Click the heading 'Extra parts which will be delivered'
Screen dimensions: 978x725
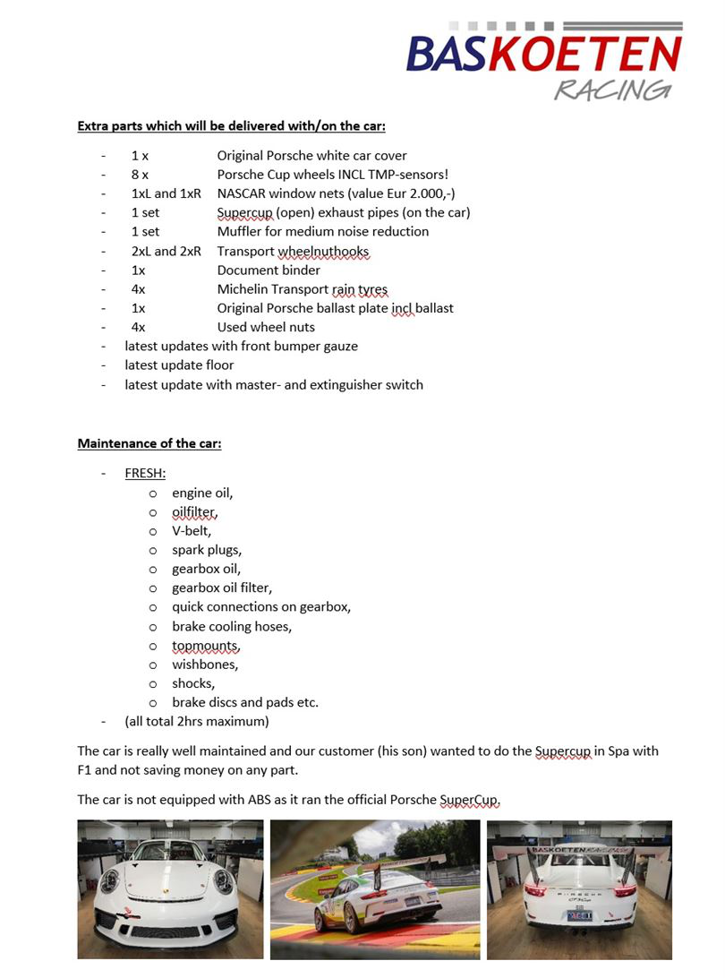(232, 125)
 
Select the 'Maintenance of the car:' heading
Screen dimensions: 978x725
(149, 443)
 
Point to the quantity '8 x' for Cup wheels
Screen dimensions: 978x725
(141, 175)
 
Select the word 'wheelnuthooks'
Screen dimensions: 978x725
(323, 251)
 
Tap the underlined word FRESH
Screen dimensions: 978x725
(145, 474)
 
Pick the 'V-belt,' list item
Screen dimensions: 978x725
(192, 530)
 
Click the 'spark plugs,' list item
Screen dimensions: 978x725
(207, 550)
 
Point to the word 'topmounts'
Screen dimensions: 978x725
(206, 646)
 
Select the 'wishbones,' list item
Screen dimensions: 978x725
(205, 665)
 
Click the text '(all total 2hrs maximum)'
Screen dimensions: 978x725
(197, 721)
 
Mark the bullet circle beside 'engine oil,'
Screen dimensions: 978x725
(153, 493)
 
